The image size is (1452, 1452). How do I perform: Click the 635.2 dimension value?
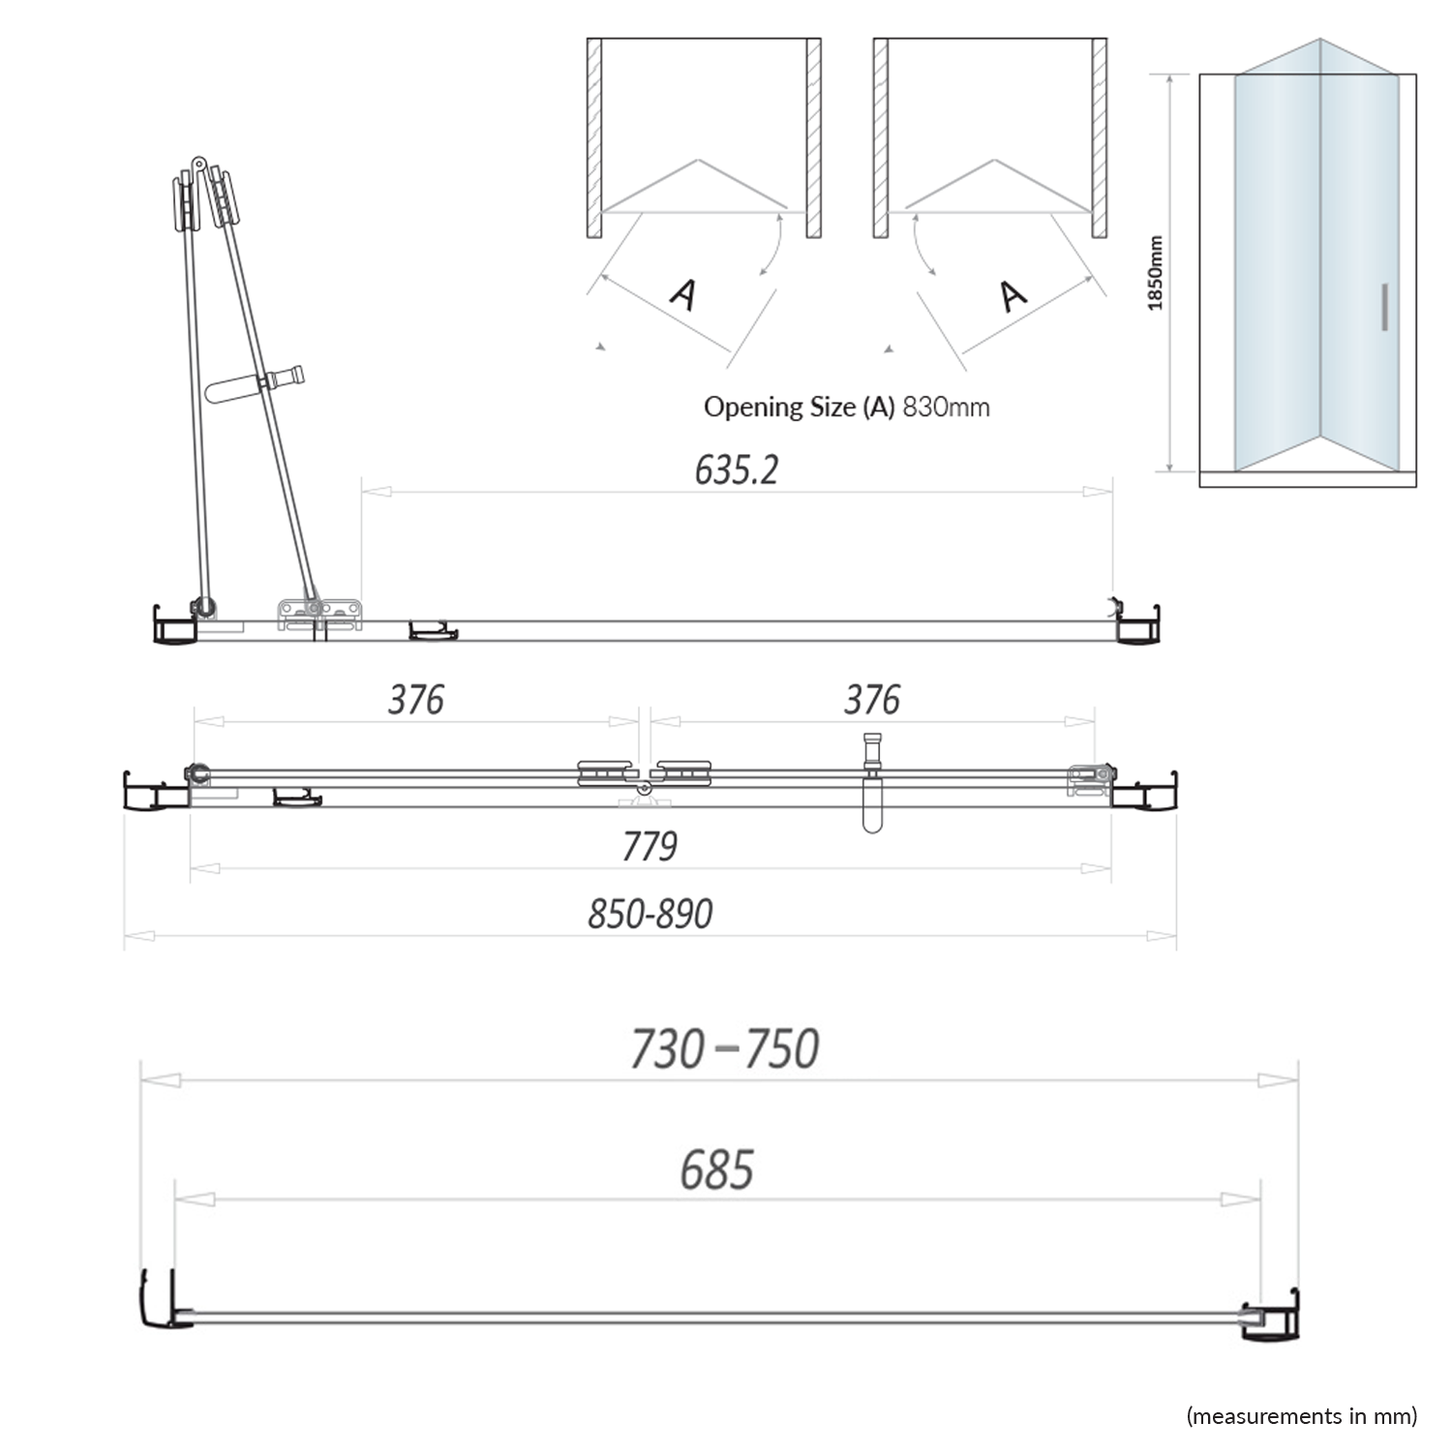click(x=736, y=470)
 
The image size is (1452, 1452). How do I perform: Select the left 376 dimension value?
click(x=415, y=700)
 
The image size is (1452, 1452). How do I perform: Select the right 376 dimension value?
click(x=871, y=700)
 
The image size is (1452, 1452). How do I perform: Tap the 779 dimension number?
click(x=650, y=846)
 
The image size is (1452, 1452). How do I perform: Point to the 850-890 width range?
click(x=650, y=914)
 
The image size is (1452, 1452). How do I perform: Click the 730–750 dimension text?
click(x=724, y=1049)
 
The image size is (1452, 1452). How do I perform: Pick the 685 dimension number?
click(x=716, y=1170)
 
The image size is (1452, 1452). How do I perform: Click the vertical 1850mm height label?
click(x=1155, y=273)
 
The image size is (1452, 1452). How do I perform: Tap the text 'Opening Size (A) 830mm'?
click(x=846, y=407)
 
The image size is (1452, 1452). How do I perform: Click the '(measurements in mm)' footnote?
click(x=1301, y=1416)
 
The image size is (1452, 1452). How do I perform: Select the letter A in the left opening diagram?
click(x=683, y=294)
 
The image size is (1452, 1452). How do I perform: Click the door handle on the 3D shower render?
click(x=1385, y=308)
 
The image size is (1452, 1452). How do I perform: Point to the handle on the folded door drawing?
click(x=257, y=384)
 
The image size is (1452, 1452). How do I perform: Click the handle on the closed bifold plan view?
click(x=872, y=784)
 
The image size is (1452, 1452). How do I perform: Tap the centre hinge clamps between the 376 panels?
click(x=644, y=774)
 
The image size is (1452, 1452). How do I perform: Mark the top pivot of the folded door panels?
click(x=198, y=165)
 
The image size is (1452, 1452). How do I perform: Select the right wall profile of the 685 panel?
click(x=1269, y=1316)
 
